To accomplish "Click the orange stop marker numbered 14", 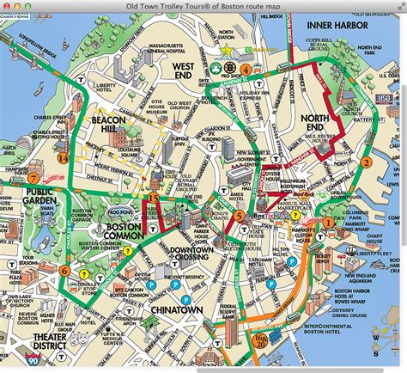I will click(x=64, y=157).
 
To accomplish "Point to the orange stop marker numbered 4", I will click(x=246, y=69).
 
